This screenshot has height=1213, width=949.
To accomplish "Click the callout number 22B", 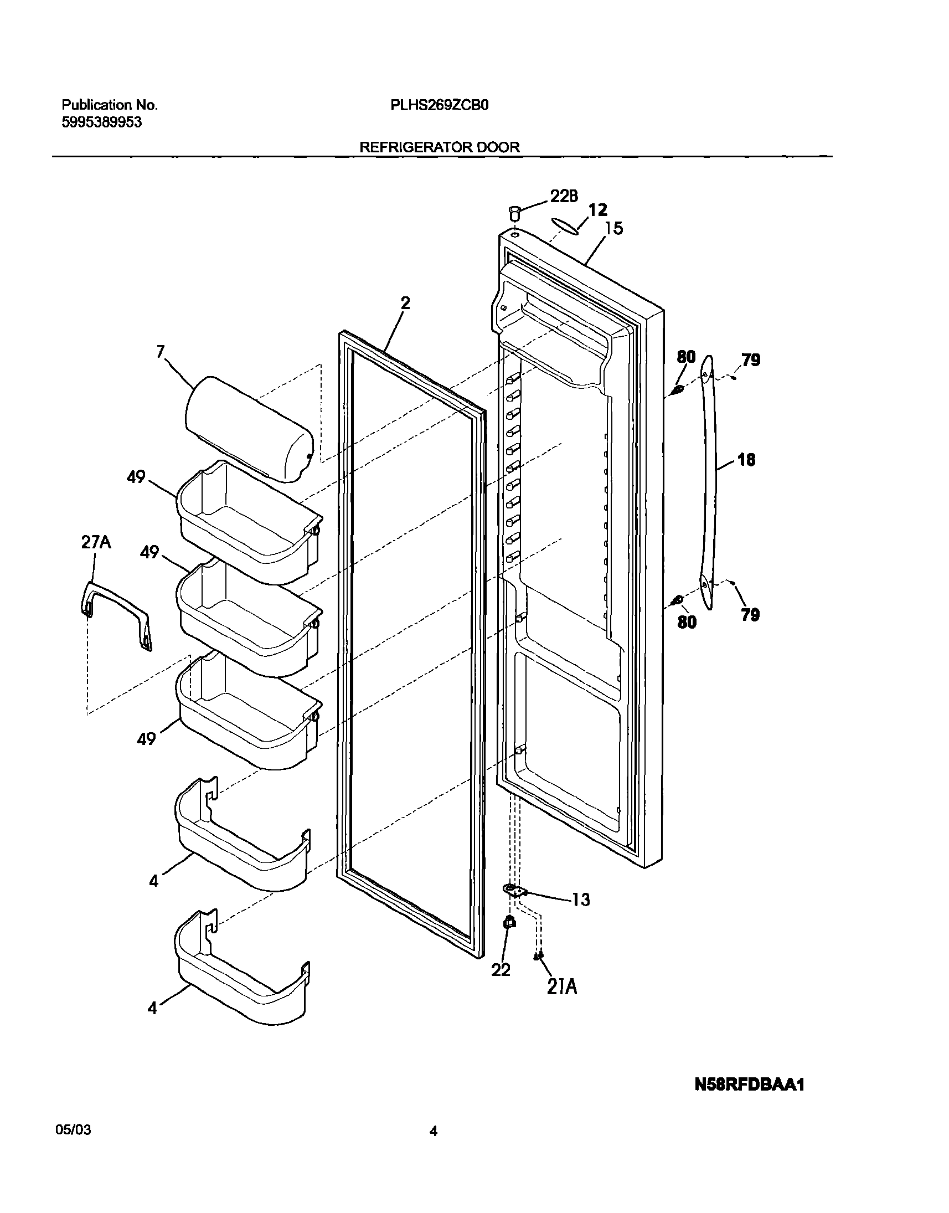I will pyautogui.click(x=564, y=196).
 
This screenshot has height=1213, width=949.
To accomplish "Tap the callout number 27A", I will pyautogui.click(x=96, y=542).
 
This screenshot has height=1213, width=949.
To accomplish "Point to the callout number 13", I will pyautogui.click(x=581, y=899).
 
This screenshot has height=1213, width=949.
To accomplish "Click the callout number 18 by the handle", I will pyautogui.click(x=746, y=460).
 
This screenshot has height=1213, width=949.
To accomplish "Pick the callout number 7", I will pyautogui.click(x=161, y=351).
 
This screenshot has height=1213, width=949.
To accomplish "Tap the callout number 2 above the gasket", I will pyautogui.click(x=405, y=303).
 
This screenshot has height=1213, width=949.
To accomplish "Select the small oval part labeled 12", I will pyautogui.click(x=565, y=223).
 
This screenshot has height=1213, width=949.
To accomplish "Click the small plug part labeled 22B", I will pyautogui.click(x=514, y=213).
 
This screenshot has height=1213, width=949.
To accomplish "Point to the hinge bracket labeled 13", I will pyautogui.click(x=515, y=891).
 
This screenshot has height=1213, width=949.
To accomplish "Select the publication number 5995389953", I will pyautogui.click(x=101, y=122).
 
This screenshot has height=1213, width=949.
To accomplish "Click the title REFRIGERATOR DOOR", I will pyautogui.click(x=440, y=147).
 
